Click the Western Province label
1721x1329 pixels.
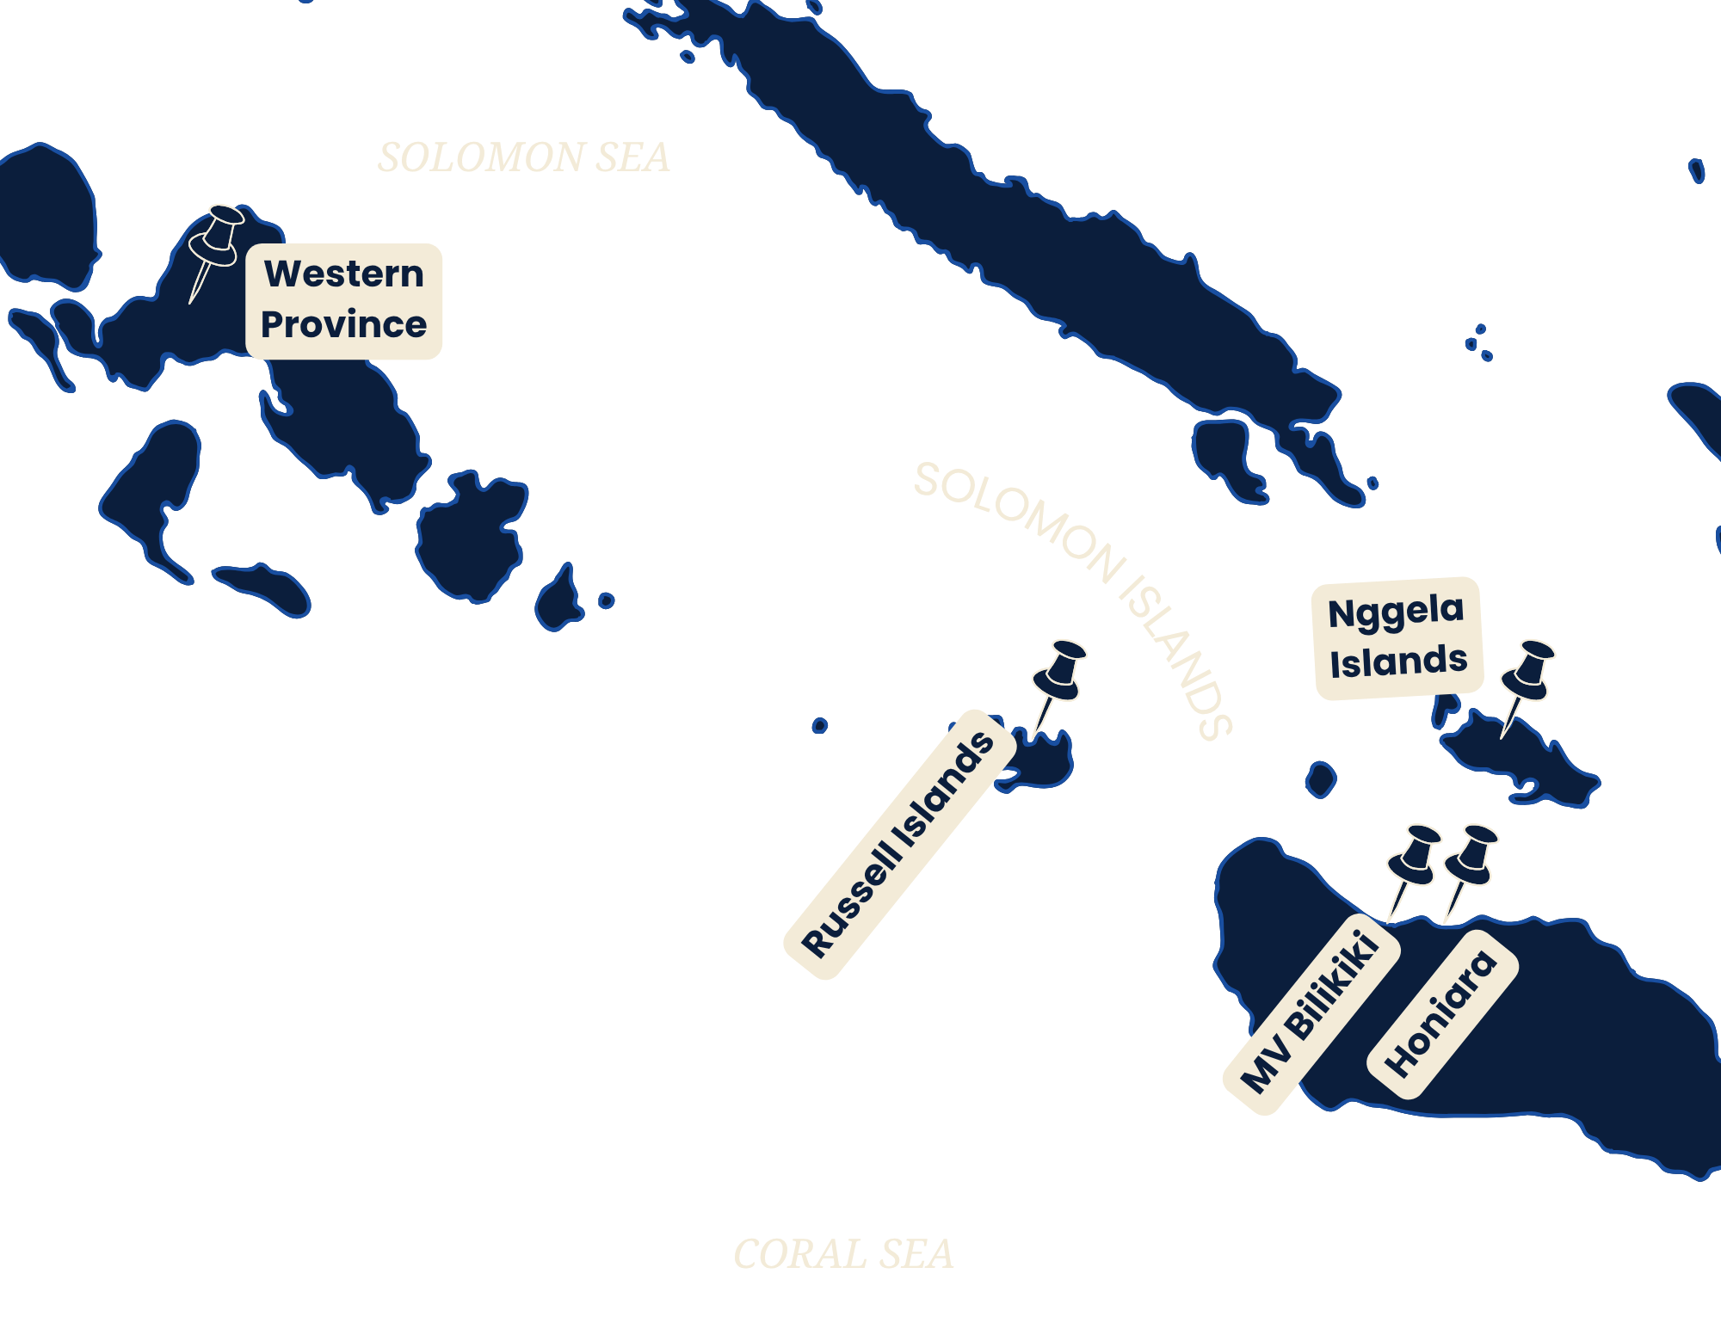tap(344, 300)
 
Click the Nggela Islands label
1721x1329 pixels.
tap(1397, 637)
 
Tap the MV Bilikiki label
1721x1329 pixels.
tap(1311, 1013)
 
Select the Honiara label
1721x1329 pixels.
tap(1442, 1013)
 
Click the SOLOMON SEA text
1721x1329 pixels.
tap(523, 157)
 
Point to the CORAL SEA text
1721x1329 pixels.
tap(843, 1254)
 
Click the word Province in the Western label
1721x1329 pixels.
tap(343, 325)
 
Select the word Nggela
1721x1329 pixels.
tap(1395, 612)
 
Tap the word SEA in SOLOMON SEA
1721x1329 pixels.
tap(632, 157)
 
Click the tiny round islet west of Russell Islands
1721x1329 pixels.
tap(819, 726)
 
